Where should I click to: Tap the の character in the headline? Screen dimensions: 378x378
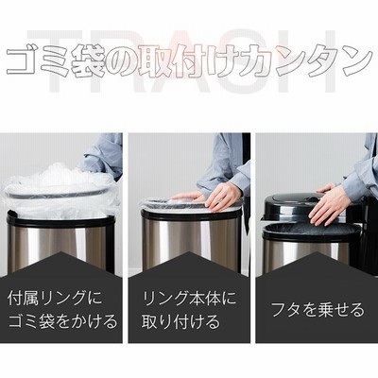[121, 63]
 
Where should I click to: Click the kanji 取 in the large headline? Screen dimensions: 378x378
[154, 61]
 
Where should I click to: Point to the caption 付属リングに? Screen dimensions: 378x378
[55, 298]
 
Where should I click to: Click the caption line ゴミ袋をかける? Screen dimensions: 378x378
[62, 321]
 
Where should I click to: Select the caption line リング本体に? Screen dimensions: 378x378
[189, 298]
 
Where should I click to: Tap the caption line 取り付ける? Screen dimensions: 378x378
[180, 321]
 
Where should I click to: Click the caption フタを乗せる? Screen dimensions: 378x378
[318, 310]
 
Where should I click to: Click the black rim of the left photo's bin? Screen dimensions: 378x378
[60, 220]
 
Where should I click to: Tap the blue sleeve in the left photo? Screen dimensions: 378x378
[102, 154]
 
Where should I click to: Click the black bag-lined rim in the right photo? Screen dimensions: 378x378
[310, 232]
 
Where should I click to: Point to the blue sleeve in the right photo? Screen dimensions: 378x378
[362, 170]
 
